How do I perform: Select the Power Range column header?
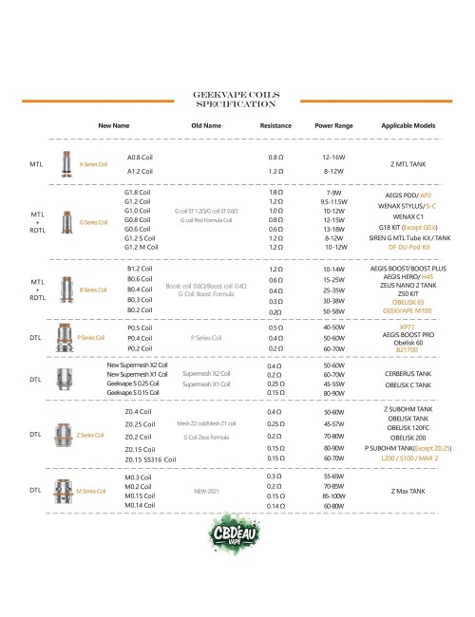point(333,124)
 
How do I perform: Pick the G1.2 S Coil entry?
point(141,239)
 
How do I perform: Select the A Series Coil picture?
point(66,163)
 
